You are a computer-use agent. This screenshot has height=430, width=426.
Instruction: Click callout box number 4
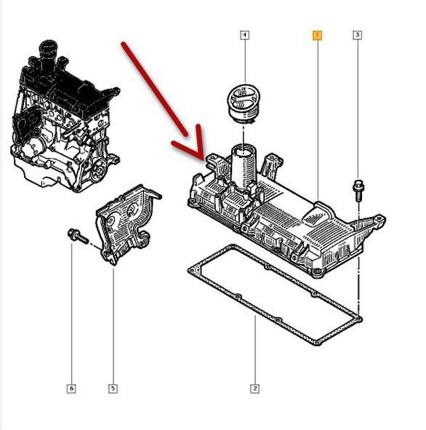coord(245,35)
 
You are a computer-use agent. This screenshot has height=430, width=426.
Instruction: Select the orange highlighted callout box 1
coord(317,35)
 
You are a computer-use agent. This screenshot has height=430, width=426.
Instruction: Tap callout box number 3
coord(357,35)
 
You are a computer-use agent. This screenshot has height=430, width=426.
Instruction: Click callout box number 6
coord(71,389)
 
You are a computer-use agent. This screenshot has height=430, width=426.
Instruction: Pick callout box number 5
coord(113,389)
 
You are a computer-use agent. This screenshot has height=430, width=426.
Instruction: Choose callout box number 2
coord(254,389)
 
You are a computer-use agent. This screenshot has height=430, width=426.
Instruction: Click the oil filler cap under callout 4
coord(244,103)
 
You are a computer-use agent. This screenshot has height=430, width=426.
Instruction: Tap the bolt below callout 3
coord(357,190)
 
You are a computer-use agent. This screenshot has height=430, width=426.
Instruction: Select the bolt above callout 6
coord(78,236)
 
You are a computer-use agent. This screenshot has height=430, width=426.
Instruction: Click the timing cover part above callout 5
coord(126,224)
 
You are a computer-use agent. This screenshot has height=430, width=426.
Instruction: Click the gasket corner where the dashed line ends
coord(359,319)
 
